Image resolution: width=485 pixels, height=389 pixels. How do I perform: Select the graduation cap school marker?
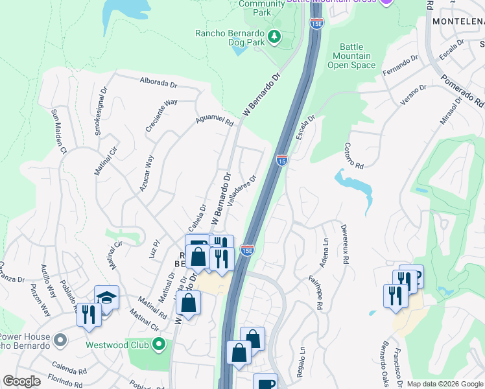click(x=106, y=297)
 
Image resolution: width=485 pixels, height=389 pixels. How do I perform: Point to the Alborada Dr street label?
click(x=159, y=83)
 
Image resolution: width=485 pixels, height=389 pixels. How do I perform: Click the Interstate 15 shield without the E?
click(x=281, y=159)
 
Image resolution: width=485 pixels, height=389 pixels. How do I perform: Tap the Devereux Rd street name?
click(x=346, y=243)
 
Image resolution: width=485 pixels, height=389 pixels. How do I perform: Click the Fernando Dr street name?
click(x=400, y=65)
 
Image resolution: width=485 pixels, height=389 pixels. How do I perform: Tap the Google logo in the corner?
click(x=21, y=381)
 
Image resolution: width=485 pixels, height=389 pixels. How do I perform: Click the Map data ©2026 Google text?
click(x=444, y=384)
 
